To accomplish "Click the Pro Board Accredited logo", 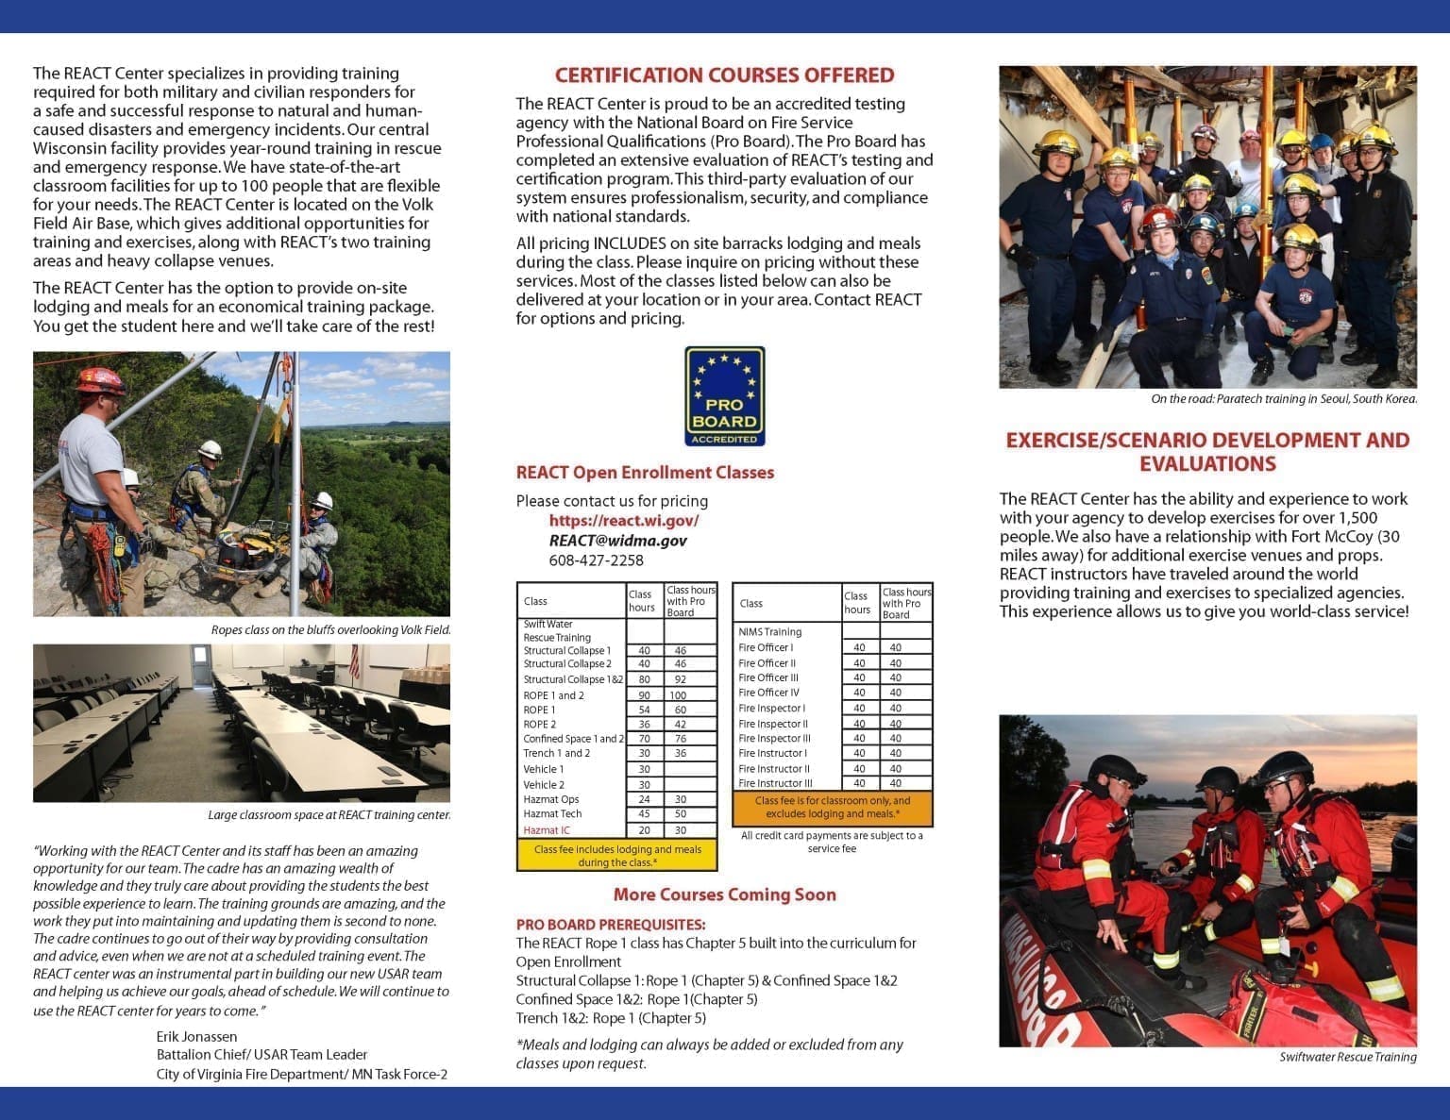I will pyautogui.click(x=724, y=396).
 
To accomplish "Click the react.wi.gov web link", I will pyautogui.click(x=624, y=520).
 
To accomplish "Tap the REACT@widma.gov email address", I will pyautogui.click(x=617, y=541).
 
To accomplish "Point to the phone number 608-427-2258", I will pyautogui.click(x=596, y=560).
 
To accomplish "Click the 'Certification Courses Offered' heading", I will pyautogui.click(x=724, y=75).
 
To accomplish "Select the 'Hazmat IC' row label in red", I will pyautogui.click(x=547, y=830).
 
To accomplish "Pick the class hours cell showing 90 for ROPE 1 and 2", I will pyautogui.click(x=644, y=695).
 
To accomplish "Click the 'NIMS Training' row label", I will pyautogui.click(x=769, y=632).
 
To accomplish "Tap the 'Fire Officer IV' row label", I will pyautogui.click(x=768, y=693).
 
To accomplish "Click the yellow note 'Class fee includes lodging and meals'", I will pyautogui.click(x=616, y=856).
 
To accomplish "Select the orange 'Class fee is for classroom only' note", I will pyautogui.click(x=832, y=807).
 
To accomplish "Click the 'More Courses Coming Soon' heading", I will pyautogui.click(x=724, y=894).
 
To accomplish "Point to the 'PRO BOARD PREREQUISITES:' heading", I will pyautogui.click(x=610, y=925).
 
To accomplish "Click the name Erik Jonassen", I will pyautogui.click(x=196, y=1036).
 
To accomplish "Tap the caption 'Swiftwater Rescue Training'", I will pyautogui.click(x=1347, y=1057).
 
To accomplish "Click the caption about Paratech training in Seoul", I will pyautogui.click(x=1283, y=399).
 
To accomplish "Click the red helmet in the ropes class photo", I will pyautogui.click(x=100, y=380).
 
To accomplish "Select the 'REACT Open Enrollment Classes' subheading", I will pyautogui.click(x=645, y=473).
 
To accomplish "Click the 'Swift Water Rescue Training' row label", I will pyautogui.click(x=557, y=631).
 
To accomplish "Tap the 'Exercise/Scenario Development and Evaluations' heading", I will pyautogui.click(x=1207, y=452).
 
